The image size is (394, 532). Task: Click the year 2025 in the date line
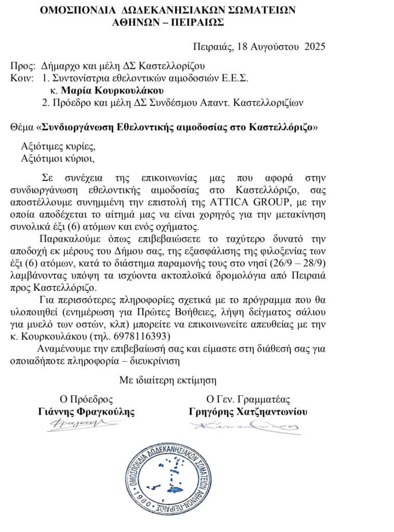(314, 46)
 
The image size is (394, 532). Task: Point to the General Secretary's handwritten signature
(244, 427)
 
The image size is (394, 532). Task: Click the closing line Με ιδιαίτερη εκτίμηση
(167, 379)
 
